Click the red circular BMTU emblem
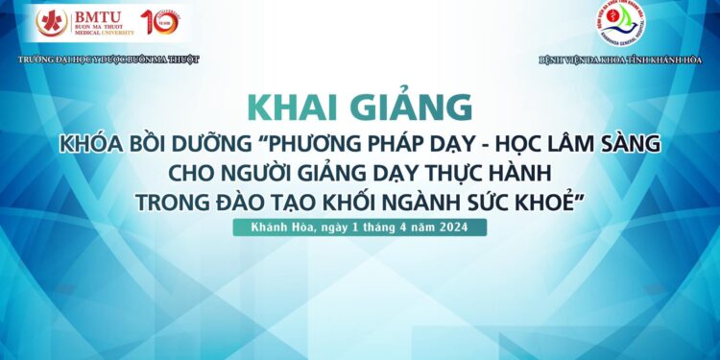click(x=52, y=23)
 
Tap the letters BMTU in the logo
click(x=100, y=15)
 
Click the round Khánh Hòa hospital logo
click(x=620, y=23)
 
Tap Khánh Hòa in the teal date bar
click(x=276, y=228)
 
